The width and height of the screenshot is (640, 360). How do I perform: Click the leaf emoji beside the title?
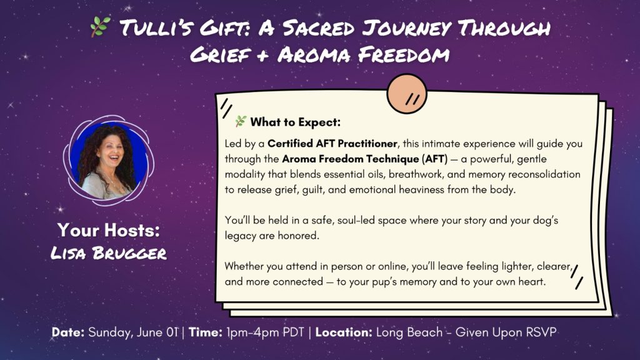[100, 27]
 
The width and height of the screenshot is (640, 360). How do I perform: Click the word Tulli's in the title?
[156, 28]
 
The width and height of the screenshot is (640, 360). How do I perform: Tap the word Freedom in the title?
[404, 55]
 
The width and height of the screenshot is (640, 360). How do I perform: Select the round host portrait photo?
[109, 161]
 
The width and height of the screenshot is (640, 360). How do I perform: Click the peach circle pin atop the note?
[407, 94]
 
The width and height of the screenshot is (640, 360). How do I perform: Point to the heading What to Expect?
[296, 122]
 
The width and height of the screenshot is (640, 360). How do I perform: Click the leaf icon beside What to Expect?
[241, 121]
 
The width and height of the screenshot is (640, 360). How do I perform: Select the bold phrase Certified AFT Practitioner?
[332, 144]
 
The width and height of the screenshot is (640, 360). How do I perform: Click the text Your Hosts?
[109, 230]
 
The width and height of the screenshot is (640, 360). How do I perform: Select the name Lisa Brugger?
[109, 253]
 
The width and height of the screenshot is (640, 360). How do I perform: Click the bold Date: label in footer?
[68, 332]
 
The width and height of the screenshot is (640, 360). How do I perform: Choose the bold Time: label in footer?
[205, 332]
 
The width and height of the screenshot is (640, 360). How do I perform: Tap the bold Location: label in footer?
[344, 332]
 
